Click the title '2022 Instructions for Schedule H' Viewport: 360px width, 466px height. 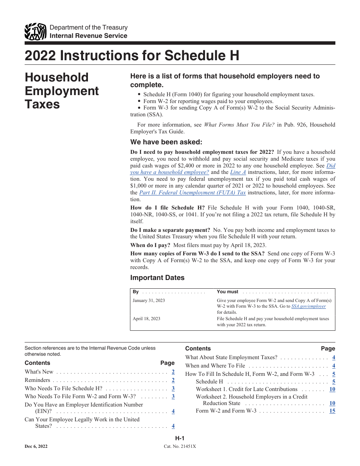[x=132, y=56]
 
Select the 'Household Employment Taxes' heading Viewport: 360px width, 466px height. [x=61, y=91]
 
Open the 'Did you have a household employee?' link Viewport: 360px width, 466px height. [x=233, y=169]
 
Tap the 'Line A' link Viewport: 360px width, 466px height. [x=238, y=172]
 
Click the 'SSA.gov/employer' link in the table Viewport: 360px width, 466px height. [x=308, y=306]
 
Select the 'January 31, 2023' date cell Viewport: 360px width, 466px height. [x=149, y=300]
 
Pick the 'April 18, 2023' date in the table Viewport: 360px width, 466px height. [x=146, y=319]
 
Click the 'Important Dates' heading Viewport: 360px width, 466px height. [x=157, y=278]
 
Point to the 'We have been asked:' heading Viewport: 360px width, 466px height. [x=166, y=142]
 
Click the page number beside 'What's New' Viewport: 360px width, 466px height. [x=173, y=372]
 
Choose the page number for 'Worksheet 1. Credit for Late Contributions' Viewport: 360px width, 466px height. [x=332, y=389]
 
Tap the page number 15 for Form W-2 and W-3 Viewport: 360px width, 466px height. [x=332, y=411]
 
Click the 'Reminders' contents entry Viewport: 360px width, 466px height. [x=37, y=380]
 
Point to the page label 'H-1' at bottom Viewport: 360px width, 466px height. [x=180, y=438]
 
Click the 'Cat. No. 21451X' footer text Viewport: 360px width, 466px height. [x=180, y=447]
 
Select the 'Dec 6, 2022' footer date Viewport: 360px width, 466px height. [x=36, y=447]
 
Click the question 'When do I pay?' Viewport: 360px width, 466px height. [x=150, y=245]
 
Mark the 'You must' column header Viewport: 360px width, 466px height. [x=227, y=292]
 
